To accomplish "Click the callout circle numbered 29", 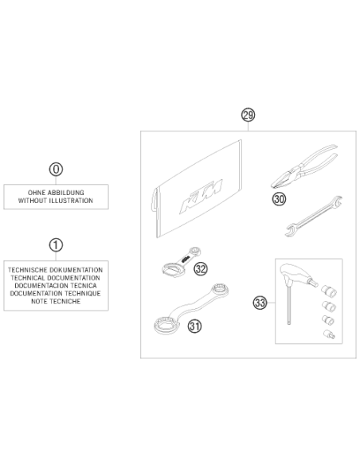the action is pos(248,115).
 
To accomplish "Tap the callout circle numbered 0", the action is pos(56,170).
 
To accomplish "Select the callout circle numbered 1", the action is pos(56,245).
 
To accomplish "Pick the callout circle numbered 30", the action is pos(279,199).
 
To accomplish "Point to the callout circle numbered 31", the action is pos(194,326).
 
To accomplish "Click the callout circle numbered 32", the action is pos(201,269).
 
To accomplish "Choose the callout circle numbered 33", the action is pos(260,303).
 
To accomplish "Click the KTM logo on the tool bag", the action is pos(201,196).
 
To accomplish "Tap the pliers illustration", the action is pos(303,166).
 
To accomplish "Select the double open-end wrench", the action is pos(314,217).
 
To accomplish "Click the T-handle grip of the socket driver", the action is pos(296,273).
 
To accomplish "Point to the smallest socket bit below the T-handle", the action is pos(329,334).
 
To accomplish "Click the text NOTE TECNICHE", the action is pos(56,301).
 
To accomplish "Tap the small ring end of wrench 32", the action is pos(195,251).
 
